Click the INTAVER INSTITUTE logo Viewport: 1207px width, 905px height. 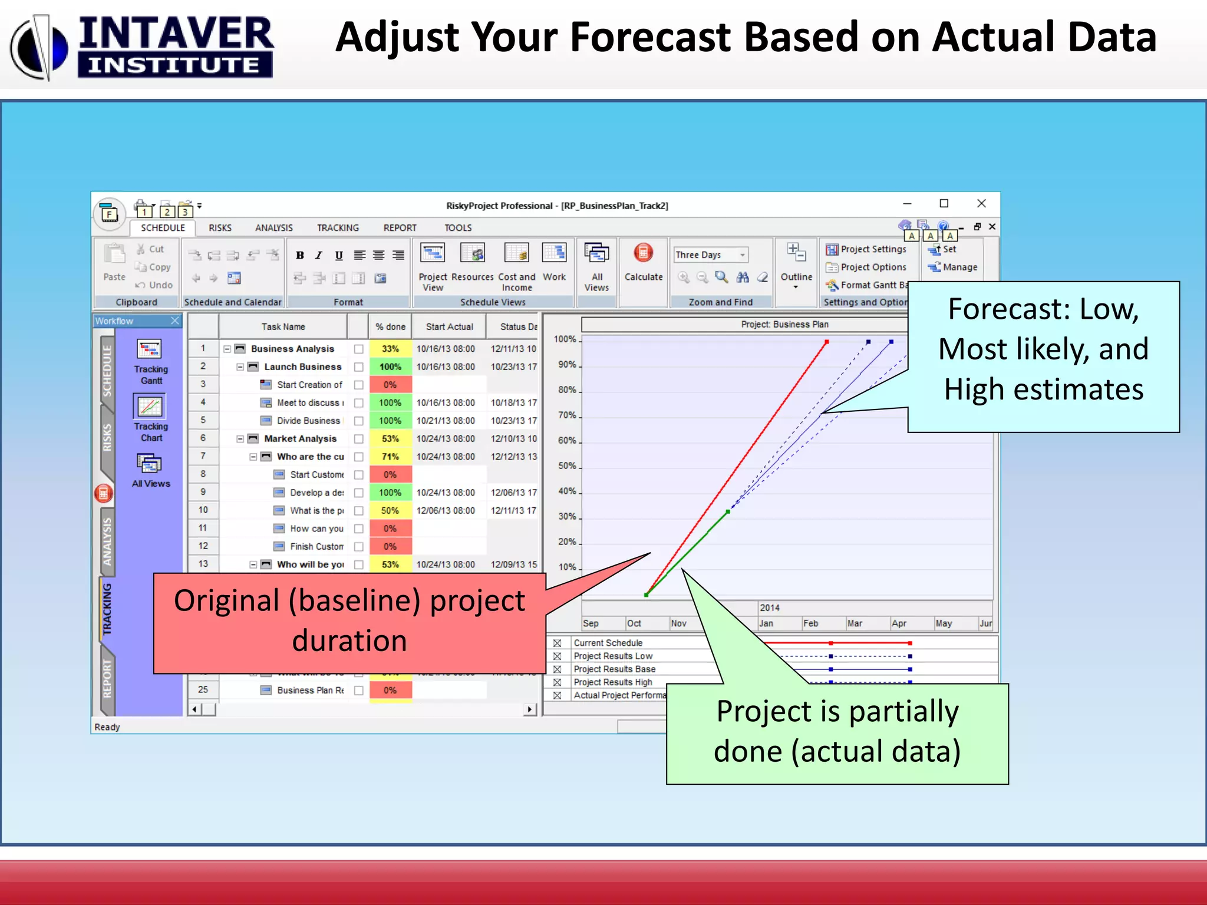point(141,47)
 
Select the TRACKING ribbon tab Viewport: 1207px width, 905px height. point(338,228)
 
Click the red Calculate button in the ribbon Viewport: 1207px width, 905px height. point(643,255)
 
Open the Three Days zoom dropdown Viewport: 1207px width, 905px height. point(743,255)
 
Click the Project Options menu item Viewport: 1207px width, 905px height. point(873,267)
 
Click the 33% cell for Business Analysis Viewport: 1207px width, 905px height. point(390,349)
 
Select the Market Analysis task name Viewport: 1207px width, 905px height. point(300,439)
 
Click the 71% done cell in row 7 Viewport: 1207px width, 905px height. point(390,457)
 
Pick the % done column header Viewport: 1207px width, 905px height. point(390,327)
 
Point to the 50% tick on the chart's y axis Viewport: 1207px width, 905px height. point(567,466)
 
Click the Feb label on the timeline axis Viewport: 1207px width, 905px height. point(810,623)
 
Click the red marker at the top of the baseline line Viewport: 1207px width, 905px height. point(827,342)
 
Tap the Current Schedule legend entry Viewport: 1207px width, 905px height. point(608,643)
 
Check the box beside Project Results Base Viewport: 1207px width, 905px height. point(557,669)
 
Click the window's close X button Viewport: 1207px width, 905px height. point(981,203)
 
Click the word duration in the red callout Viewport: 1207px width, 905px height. point(349,641)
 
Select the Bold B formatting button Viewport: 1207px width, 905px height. point(300,255)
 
